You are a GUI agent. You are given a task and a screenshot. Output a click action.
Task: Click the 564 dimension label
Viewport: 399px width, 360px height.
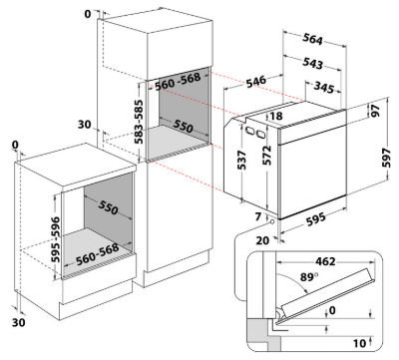coord(312,39)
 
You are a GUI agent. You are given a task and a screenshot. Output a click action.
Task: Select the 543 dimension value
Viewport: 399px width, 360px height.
coord(312,63)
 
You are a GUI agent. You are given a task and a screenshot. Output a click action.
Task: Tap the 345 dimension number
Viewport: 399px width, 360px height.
coord(324,87)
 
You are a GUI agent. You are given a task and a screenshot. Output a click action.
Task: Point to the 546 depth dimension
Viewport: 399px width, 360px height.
coord(256,82)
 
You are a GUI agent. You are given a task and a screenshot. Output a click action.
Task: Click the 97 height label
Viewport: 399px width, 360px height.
coord(375,111)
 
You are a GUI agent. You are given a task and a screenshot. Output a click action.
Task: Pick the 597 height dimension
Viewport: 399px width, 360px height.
coord(386,159)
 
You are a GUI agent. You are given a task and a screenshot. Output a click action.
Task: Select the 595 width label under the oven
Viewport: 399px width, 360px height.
coord(315,219)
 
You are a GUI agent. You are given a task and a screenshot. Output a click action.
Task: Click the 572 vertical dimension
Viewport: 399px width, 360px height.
coord(266,156)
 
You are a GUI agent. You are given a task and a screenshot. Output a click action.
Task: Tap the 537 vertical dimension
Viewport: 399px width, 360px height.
coord(241,160)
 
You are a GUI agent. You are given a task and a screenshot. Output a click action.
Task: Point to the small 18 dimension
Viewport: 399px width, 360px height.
coord(276,116)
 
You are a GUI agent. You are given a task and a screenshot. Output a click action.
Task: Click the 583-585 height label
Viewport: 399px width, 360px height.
coord(139,122)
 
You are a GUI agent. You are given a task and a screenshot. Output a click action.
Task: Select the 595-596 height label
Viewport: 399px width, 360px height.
coord(56,239)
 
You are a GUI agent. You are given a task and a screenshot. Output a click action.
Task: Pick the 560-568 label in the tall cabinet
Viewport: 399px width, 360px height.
coord(178,82)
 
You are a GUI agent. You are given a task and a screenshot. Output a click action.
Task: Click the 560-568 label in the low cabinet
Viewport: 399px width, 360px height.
coord(97,254)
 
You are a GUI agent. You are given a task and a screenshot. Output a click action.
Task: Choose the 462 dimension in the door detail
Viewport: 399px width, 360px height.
coord(325,261)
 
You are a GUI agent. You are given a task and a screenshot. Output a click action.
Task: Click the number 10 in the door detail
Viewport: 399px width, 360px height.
coord(359,343)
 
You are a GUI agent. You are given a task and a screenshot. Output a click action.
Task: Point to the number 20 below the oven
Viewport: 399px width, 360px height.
coord(262,240)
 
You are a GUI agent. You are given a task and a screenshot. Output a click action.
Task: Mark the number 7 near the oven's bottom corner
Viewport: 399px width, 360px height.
coord(258,216)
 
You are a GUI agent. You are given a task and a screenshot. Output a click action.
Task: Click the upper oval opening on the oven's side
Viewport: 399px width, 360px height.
coord(248,131)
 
